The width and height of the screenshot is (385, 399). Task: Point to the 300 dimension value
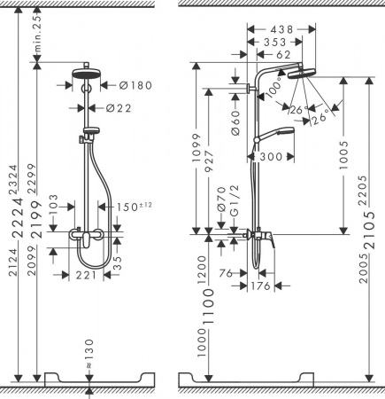[273, 156]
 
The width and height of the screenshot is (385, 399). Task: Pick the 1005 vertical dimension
[343, 155]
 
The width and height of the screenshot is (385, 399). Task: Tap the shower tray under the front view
[89, 379]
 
